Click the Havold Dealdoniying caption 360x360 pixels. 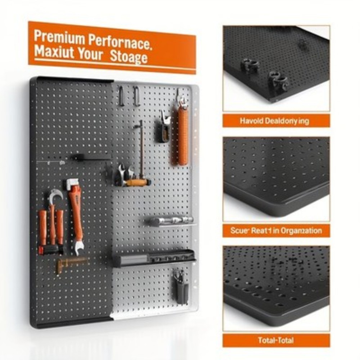(274, 121)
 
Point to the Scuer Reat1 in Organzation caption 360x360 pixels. (276, 231)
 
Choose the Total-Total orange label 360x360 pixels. (276, 340)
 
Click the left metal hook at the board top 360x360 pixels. (122, 96)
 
